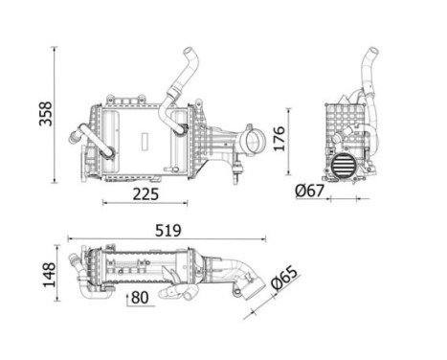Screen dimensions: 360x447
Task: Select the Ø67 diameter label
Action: coord(309,191)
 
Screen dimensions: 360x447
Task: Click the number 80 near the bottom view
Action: coord(140,299)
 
